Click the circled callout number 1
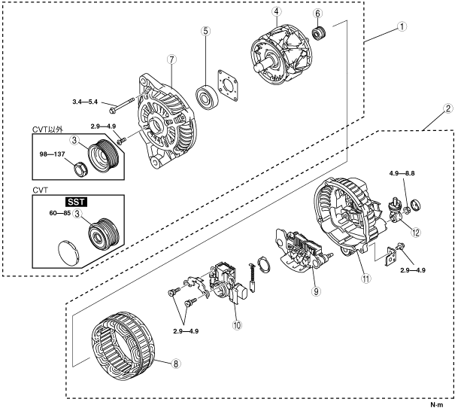click(402, 25)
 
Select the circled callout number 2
click(447, 108)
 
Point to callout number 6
click(318, 14)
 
